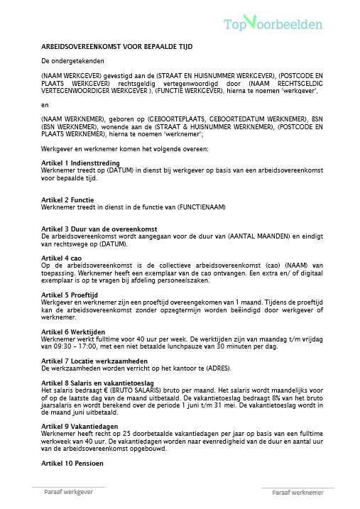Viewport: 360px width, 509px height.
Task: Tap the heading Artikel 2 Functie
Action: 68,199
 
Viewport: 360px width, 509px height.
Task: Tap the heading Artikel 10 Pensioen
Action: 72,462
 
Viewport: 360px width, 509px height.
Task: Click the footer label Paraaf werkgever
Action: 69,492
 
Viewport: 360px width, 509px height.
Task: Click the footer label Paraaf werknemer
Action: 298,492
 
